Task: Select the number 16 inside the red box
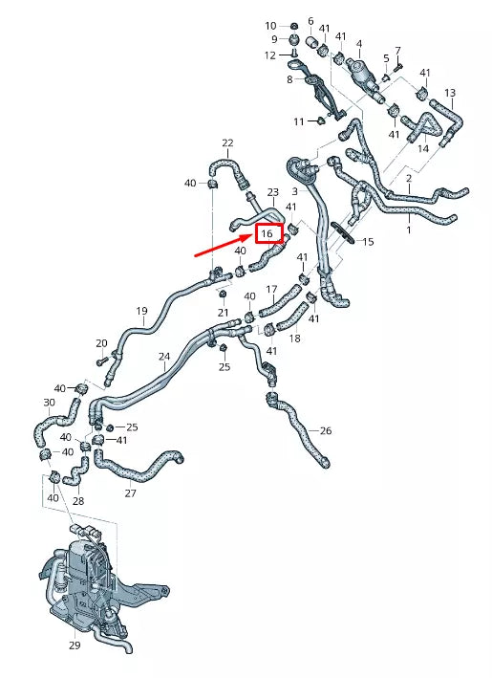click(x=267, y=233)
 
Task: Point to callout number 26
click(x=326, y=430)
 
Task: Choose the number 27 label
click(x=130, y=493)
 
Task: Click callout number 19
click(x=141, y=311)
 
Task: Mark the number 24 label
click(x=164, y=357)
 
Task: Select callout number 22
click(x=227, y=143)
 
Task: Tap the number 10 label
click(x=270, y=26)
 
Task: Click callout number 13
click(x=450, y=93)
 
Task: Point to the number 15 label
click(x=368, y=242)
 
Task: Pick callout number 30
click(x=49, y=403)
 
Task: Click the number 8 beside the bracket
click(x=289, y=80)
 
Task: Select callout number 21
click(x=223, y=313)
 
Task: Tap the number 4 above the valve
click(x=359, y=44)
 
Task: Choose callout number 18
click(x=294, y=339)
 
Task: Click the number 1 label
click(x=409, y=230)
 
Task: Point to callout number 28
click(x=77, y=501)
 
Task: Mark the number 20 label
click(x=101, y=343)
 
